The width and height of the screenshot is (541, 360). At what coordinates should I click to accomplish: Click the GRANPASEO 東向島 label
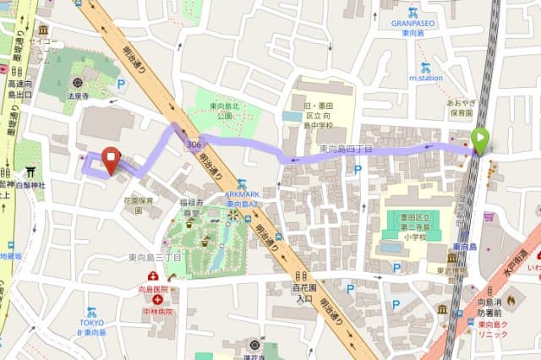click(x=413, y=24)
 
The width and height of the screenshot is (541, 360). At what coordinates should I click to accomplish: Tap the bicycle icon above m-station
click(x=424, y=67)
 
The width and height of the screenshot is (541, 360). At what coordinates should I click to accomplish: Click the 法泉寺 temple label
click(x=79, y=97)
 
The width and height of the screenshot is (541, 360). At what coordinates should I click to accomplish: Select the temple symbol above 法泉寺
click(x=79, y=83)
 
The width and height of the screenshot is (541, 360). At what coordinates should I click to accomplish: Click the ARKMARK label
click(x=242, y=194)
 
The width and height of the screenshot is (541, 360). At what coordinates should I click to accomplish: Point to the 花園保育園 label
click(x=139, y=205)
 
